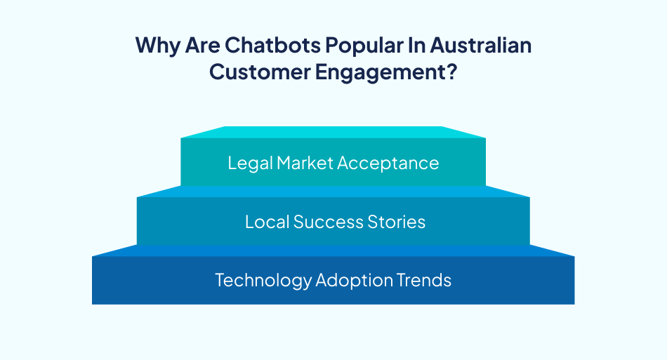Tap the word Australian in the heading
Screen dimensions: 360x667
(481, 46)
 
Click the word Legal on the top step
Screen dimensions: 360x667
(250, 163)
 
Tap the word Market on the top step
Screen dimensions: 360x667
(305, 163)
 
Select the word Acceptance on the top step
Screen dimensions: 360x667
(388, 163)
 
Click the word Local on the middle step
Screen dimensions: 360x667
(267, 222)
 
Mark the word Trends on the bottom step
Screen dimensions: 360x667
(424, 280)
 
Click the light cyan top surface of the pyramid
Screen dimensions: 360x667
(333, 132)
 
